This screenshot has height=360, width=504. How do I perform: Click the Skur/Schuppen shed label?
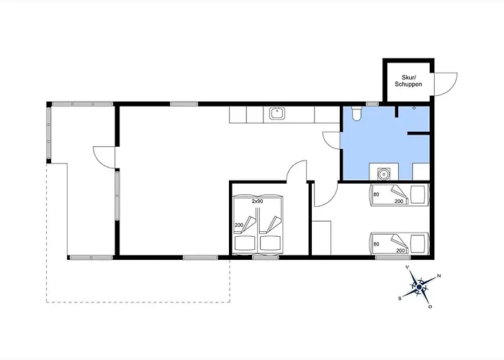[x=408, y=81]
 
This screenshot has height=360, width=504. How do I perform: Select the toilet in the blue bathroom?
[x=356, y=114]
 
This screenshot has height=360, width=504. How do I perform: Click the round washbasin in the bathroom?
[x=384, y=174]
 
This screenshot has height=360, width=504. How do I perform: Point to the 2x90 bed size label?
[x=257, y=202]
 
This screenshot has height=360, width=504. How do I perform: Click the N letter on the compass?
[x=439, y=276]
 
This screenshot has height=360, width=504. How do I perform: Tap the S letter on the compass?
[x=400, y=299]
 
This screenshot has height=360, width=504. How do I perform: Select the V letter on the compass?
[x=408, y=267]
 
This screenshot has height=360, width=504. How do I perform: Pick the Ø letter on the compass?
[x=430, y=307]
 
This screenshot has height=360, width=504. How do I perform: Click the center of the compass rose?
[x=420, y=287]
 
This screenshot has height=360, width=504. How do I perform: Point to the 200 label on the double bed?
[x=239, y=225]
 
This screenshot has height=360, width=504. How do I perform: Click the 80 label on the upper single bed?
[x=376, y=194]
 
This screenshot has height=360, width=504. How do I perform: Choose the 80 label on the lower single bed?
[x=376, y=244]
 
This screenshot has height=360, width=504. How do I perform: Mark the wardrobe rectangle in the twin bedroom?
[x=321, y=238]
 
